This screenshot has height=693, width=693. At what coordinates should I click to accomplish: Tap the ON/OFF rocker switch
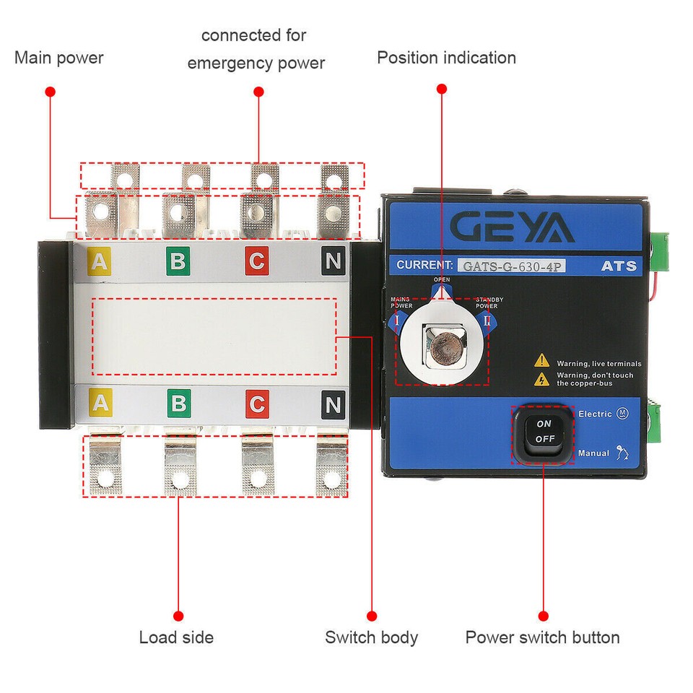(544, 432)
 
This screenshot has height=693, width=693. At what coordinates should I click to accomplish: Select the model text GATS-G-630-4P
(514, 266)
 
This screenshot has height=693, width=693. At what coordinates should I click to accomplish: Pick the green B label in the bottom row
(178, 404)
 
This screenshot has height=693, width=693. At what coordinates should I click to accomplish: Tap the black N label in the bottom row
(333, 404)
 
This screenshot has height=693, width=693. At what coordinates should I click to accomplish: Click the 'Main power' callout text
(58, 58)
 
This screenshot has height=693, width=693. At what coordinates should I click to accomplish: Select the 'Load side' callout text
(176, 637)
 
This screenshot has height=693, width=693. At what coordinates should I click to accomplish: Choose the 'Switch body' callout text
(371, 637)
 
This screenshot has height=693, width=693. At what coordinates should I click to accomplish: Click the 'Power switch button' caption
(542, 637)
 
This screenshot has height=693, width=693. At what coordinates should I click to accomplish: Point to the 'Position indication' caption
(446, 58)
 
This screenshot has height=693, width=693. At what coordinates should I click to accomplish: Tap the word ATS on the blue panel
(619, 266)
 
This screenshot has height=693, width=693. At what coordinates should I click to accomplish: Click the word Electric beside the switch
(596, 414)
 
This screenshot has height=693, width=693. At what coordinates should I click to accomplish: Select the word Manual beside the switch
(593, 453)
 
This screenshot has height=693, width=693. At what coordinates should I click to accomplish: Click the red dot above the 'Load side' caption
(178, 616)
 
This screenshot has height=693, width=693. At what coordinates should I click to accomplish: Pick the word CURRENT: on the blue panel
(425, 265)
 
